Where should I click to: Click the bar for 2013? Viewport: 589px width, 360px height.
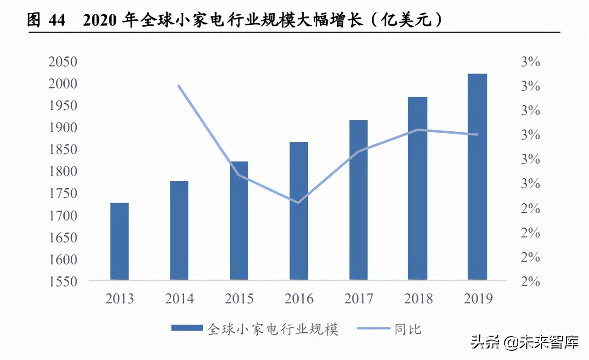pos(119,241)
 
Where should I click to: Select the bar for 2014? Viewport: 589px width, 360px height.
pos(179,230)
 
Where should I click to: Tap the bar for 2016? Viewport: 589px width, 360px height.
pos(299,211)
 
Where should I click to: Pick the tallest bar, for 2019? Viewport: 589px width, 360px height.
pos(477,176)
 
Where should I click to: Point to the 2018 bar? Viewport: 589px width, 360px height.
pos(418,188)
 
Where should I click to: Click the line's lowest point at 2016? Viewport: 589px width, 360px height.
pos(298,202)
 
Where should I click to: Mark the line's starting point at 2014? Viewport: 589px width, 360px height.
pos(179,85)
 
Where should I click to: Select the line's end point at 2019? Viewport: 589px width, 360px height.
pos(477,135)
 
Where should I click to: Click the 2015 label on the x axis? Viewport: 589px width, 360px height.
pos(239,299)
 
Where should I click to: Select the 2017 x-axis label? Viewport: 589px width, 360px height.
pos(358,299)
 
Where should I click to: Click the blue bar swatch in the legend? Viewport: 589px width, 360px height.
pos(187,328)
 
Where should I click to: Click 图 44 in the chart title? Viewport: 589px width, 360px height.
pos(46,21)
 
